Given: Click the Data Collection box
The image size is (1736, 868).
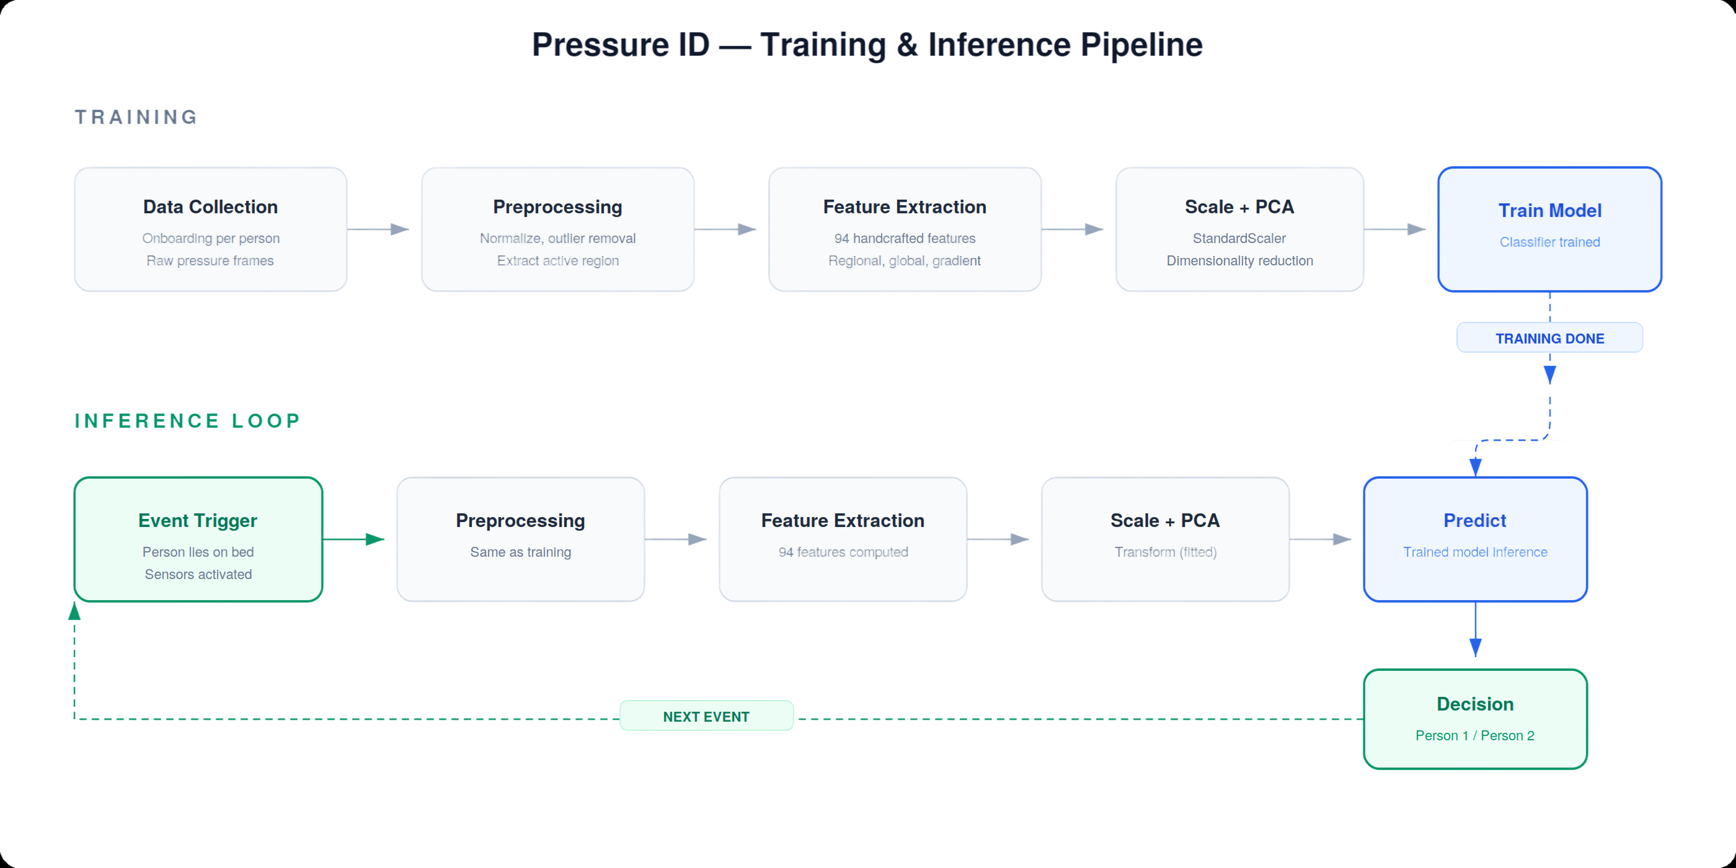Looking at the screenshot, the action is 210,229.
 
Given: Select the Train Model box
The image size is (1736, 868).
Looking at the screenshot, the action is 1549,229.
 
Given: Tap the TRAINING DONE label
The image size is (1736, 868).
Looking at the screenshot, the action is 1549,338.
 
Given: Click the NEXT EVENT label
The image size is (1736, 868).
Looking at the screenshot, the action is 706,715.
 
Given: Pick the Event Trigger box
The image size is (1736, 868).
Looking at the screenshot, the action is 198,539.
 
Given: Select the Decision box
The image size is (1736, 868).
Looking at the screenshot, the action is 1475,719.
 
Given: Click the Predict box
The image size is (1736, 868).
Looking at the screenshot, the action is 1475,539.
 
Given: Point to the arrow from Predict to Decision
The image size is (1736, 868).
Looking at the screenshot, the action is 1475,629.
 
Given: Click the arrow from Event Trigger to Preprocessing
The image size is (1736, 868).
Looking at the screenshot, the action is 354,539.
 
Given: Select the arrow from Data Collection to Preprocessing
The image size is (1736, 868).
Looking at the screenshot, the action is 378,229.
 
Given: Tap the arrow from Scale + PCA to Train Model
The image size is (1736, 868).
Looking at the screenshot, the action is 1395,229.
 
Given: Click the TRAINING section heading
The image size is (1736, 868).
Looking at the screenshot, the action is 136,117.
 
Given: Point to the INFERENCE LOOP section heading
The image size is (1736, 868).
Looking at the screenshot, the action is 187,420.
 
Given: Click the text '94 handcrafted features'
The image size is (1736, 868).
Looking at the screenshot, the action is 905,238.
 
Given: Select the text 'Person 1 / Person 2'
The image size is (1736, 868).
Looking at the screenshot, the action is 1474,735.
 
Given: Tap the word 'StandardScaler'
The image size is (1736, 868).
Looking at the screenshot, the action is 1239,238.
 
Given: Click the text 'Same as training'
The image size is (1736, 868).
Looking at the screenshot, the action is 520,552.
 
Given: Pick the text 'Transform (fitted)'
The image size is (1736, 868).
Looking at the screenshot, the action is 1165,552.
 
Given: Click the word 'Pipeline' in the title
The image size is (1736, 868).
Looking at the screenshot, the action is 1141,45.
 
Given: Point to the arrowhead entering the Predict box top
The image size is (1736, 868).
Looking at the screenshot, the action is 1475,467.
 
